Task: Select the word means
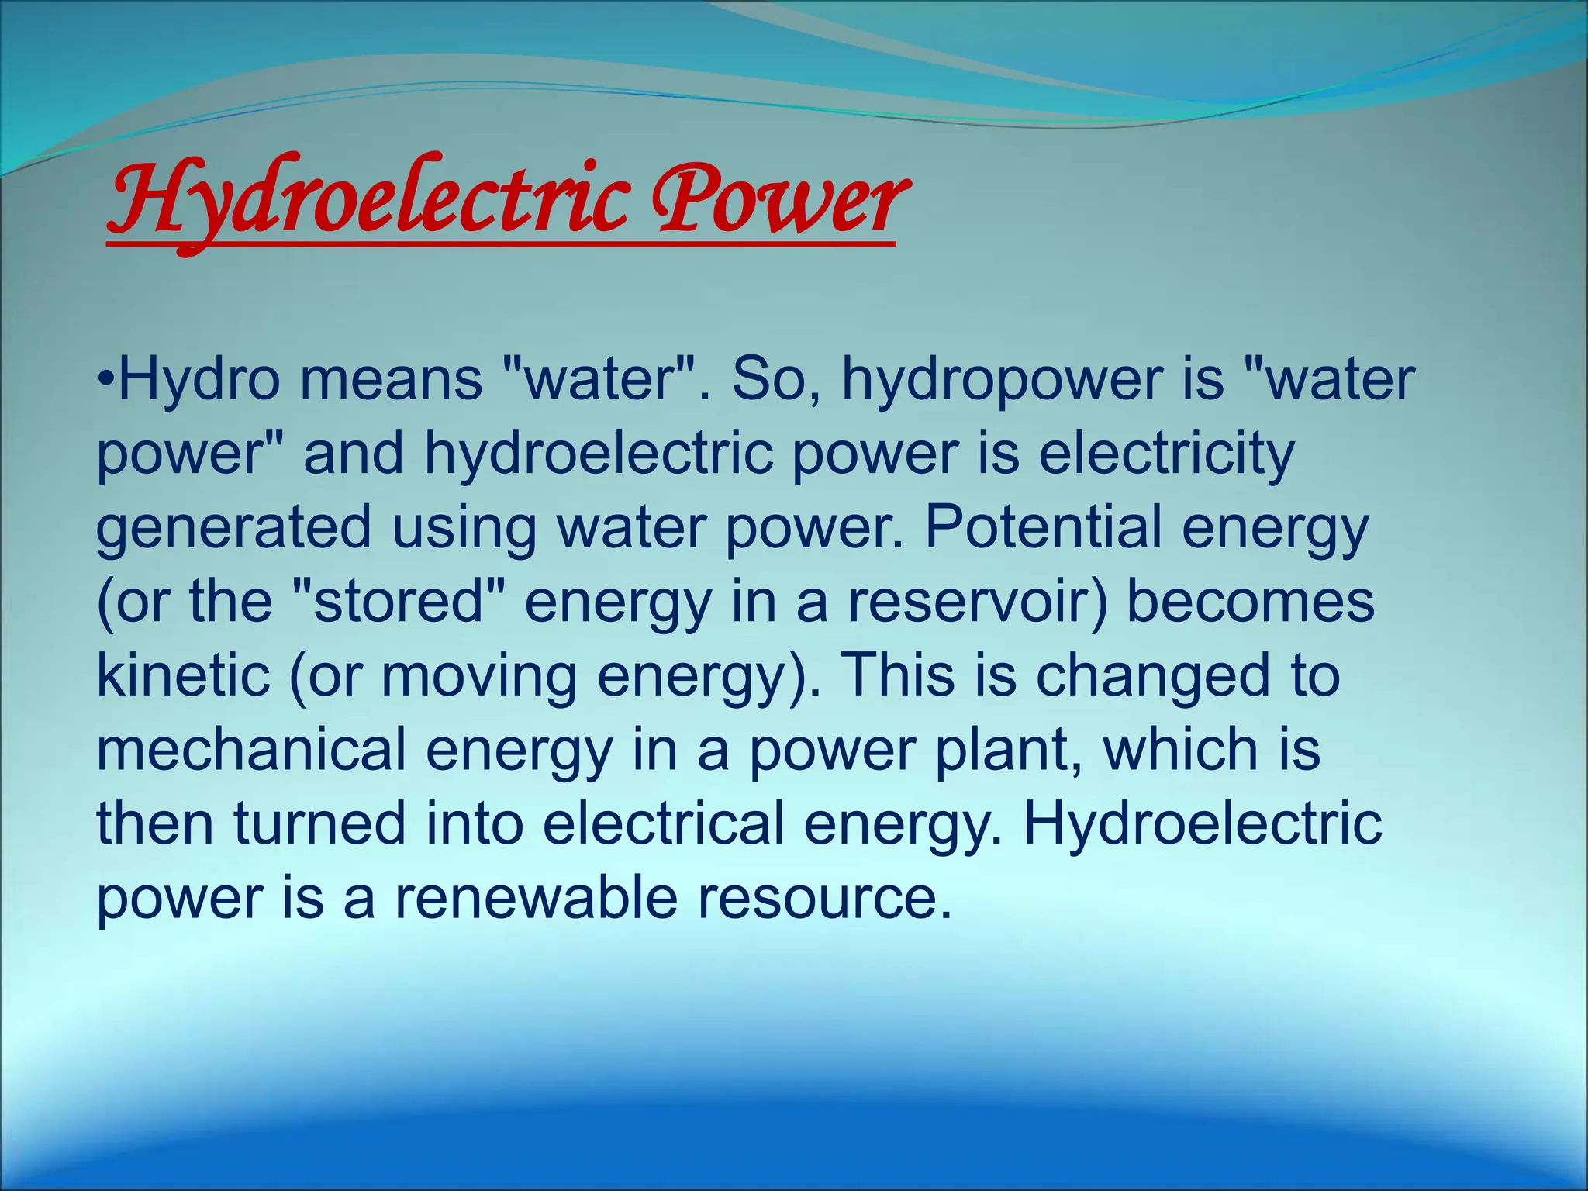(391, 380)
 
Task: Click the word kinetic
(183, 675)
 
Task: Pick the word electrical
(663, 823)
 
